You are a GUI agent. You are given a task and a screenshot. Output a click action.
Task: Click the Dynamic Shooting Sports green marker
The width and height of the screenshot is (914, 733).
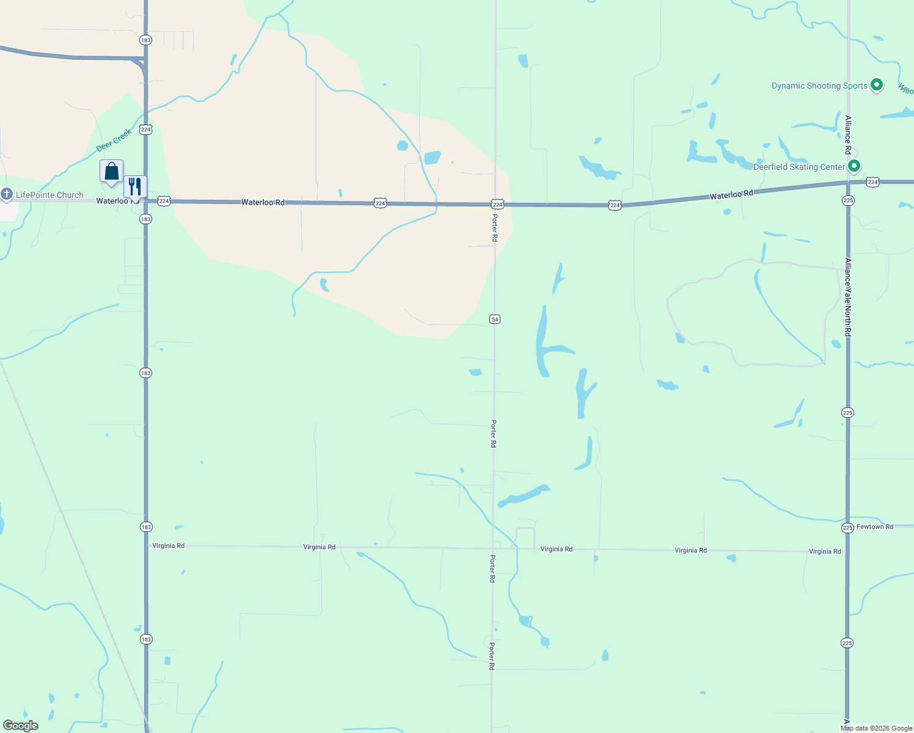click(x=877, y=85)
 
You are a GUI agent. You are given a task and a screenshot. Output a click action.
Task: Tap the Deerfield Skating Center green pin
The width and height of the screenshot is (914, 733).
click(x=855, y=166)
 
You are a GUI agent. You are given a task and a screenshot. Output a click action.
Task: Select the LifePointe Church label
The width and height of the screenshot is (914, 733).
click(x=49, y=195)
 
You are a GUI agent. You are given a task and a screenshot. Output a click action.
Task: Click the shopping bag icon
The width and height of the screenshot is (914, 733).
click(x=111, y=172)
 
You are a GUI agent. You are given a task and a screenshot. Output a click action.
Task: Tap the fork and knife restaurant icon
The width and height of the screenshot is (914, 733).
click(x=135, y=186)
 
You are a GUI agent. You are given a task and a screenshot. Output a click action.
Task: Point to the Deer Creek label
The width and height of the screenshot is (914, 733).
click(x=114, y=140)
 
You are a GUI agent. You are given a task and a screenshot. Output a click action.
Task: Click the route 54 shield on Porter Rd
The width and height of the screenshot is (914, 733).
click(x=495, y=319)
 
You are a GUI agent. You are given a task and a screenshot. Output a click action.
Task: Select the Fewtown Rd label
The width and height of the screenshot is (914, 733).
click(x=875, y=527)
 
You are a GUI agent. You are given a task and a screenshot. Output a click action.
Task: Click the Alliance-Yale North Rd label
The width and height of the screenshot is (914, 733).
click(x=848, y=297)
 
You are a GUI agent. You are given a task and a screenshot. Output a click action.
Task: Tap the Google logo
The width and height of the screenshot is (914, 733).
click(x=21, y=726)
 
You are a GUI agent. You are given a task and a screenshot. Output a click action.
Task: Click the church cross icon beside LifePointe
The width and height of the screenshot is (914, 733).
click(x=7, y=195)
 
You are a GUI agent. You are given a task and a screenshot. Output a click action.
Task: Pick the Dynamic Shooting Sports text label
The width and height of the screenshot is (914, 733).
click(x=819, y=86)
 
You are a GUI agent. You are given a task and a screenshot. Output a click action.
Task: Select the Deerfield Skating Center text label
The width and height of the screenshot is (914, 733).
click(x=799, y=167)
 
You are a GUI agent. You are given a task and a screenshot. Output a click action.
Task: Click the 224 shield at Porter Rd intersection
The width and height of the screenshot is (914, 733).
click(x=497, y=204)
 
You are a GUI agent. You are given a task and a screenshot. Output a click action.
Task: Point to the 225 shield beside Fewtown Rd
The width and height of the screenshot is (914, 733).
click(x=847, y=528)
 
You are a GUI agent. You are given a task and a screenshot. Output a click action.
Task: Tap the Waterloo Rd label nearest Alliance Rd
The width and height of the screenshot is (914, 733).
click(x=731, y=195)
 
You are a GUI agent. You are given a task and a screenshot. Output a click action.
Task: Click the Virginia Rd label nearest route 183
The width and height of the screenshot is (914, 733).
click(x=168, y=545)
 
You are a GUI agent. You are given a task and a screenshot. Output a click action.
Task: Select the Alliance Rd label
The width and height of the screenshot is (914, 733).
click(x=848, y=134)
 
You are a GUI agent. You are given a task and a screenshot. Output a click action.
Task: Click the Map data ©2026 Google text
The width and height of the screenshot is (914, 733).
click(x=876, y=728)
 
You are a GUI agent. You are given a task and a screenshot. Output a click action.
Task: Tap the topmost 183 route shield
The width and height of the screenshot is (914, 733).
click(x=145, y=40)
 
